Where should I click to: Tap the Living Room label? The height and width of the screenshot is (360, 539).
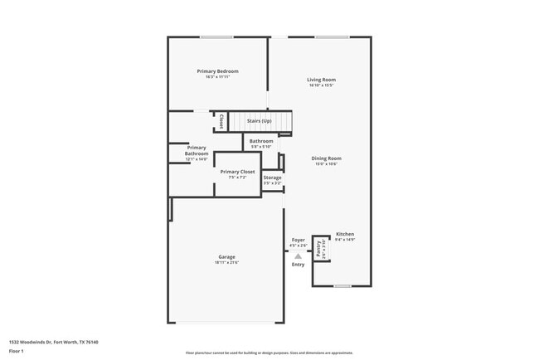pyautogui.click(x=322, y=80)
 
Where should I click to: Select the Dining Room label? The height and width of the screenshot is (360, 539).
pyautogui.click(x=327, y=158)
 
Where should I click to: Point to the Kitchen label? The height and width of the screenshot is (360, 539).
pyautogui.click(x=345, y=234)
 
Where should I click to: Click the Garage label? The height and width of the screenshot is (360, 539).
pyautogui.click(x=226, y=257)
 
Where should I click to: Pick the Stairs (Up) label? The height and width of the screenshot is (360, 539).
pyautogui.click(x=259, y=121)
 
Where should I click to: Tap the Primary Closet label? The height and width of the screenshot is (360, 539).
pyautogui.click(x=237, y=171)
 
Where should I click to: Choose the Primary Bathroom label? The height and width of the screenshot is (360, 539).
pyautogui.click(x=197, y=150)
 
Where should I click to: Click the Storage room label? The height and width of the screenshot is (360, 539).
pyautogui.click(x=272, y=178)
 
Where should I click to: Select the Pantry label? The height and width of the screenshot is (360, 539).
pyautogui.click(x=320, y=248)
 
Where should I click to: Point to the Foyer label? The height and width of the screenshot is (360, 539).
pyautogui.click(x=298, y=240)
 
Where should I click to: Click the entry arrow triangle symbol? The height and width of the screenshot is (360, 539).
pyautogui.click(x=298, y=256)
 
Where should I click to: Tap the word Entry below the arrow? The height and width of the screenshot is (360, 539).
pyautogui.click(x=298, y=265)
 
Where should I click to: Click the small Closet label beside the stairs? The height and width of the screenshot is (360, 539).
pyautogui.click(x=221, y=121)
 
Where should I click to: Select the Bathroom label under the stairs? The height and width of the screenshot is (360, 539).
pyautogui.click(x=261, y=141)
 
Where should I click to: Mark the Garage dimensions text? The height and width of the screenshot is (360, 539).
pyautogui.click(x=226, y=263)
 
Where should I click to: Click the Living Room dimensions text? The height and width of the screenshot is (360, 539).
pyautogui.click(x=322, y=85)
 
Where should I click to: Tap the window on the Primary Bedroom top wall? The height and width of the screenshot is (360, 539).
pyautogui.click(x=216, y=36)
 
